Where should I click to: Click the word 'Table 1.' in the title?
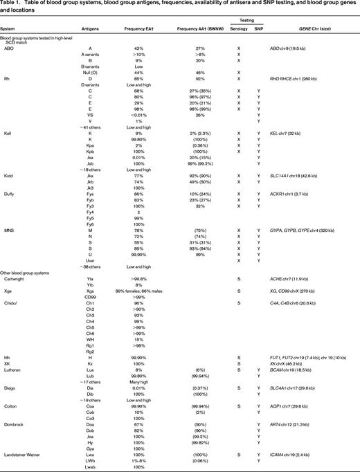[14, 6]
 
